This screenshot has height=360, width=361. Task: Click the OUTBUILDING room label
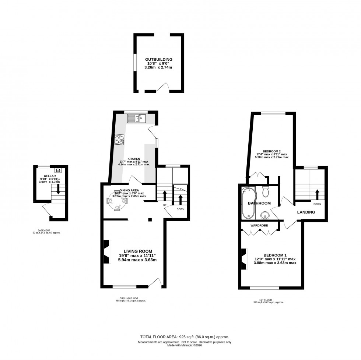pyautogui.click(x=158, y=59)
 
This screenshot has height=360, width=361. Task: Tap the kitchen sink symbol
pyautogui.click(x=136, y=118)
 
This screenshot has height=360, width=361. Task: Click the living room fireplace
pyautogui.click(x=106, y=251)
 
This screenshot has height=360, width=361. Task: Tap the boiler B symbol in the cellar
pyautogui.click(x=58, y=170)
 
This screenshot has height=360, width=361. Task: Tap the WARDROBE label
pyautogui.click(x=259, y=225)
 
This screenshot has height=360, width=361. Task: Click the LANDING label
pyautogui.click(x=306, y=212)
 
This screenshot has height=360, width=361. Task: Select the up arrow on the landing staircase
pyautogui.click(x=317, y=194)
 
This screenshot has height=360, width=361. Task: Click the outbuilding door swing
pyautogui.click(x=162, y=87)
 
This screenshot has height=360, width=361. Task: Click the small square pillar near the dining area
pyautogui.click(x=150, y=220)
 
